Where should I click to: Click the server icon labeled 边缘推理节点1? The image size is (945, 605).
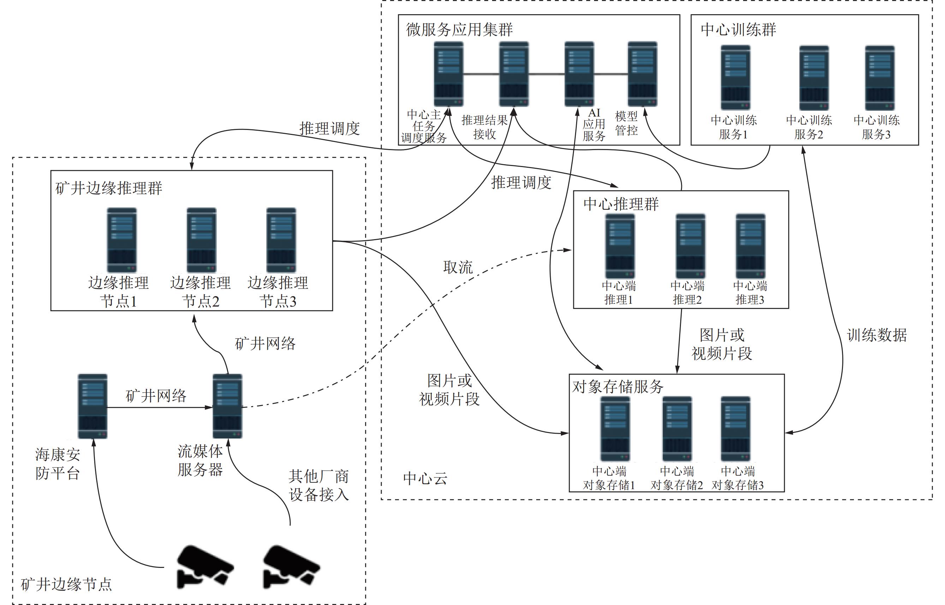122,240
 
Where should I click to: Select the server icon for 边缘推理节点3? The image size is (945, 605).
281,240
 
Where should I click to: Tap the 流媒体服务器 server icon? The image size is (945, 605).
227,406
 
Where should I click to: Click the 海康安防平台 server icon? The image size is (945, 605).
92,406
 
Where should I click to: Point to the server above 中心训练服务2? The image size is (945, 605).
814,78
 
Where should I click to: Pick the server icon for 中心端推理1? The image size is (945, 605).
620,246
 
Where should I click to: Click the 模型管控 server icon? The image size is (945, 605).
642,74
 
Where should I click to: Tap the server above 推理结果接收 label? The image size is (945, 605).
514,74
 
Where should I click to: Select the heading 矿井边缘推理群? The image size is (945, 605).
109,188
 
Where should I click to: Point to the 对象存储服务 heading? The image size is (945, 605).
617,387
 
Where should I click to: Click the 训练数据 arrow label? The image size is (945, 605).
877,335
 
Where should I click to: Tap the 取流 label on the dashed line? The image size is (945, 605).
458,267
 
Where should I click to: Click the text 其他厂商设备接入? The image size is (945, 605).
318,485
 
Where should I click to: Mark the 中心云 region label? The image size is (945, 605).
425,479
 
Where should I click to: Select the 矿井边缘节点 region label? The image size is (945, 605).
66,585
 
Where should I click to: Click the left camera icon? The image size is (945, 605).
204,566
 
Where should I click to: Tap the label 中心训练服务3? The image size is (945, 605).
876,127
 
